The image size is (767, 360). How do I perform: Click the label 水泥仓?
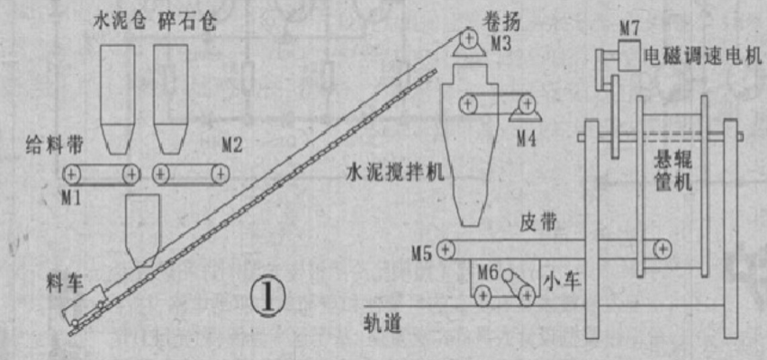(x=120, y=22)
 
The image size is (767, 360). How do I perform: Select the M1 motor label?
(x=71, y=198)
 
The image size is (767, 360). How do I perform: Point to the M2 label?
(x=232, y=146)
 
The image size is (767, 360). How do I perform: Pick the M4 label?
(x=527, y=139)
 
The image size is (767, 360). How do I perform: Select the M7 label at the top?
(x=629, y=29)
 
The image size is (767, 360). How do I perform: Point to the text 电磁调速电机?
(x=703, y=56)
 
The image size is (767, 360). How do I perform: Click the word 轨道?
(x=382, y=324)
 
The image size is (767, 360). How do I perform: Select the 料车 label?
(x=65, y=283)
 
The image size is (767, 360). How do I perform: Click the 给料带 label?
(x=54, y=145)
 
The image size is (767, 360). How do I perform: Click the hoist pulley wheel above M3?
(x=471, y=37)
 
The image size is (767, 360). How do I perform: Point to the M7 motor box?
(x=629, y=55)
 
